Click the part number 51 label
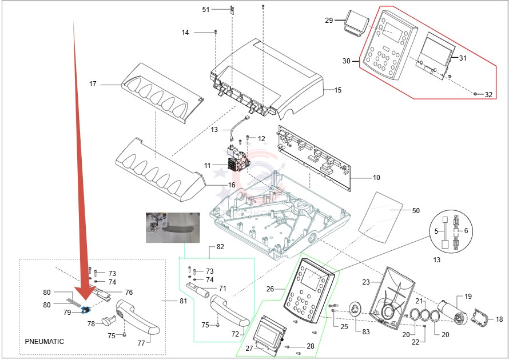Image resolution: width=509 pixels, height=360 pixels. click(x=206, y=10)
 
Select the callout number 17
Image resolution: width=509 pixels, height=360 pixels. click(x=93, y=85)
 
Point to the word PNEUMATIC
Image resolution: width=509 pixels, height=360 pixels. click(x=45, y=341)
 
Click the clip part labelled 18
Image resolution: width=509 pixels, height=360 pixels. click(x=482, y=318)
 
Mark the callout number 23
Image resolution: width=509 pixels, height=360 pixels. click(x=366, y=282)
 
